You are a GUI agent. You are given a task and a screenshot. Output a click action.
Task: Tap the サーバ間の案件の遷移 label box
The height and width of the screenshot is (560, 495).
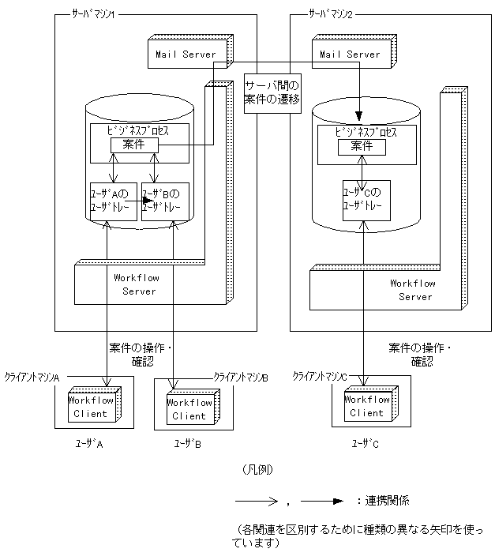(272, 93)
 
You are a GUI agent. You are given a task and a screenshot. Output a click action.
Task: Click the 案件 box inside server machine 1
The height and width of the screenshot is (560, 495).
(134, 145)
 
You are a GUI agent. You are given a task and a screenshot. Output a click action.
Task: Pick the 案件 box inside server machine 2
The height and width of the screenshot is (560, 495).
(362, 147)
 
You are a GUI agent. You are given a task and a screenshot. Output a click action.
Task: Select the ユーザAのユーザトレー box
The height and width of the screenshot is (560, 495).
(114, 201)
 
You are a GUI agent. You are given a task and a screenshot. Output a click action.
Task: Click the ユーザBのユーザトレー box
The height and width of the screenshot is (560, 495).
(165, 201)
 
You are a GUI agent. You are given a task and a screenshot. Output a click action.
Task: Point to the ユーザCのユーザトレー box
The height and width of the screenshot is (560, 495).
(366, 201)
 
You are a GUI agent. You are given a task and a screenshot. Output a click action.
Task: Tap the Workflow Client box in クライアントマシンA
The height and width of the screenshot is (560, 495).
(95, 404)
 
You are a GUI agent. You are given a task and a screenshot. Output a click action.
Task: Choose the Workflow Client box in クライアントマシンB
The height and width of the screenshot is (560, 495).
(193, 407)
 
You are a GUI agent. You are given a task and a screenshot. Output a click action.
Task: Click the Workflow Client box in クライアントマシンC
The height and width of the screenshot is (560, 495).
(371, 404)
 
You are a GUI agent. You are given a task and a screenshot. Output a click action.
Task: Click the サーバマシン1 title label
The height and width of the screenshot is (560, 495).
(93, 14)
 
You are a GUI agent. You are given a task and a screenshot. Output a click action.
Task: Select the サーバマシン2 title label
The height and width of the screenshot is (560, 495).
(331, 14)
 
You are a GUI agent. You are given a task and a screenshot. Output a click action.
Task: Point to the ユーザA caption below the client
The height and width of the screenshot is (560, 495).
(89, 444)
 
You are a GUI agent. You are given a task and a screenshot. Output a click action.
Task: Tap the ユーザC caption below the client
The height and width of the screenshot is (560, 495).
(365, 444)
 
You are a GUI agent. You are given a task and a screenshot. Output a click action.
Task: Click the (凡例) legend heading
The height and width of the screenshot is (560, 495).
(257, 469)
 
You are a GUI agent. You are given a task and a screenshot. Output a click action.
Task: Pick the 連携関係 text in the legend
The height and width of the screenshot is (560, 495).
(387, 501)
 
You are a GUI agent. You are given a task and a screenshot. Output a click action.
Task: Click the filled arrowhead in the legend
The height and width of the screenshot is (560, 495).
(338, 501)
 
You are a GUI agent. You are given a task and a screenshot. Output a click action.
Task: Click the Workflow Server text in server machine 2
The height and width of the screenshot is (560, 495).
(413, 290)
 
